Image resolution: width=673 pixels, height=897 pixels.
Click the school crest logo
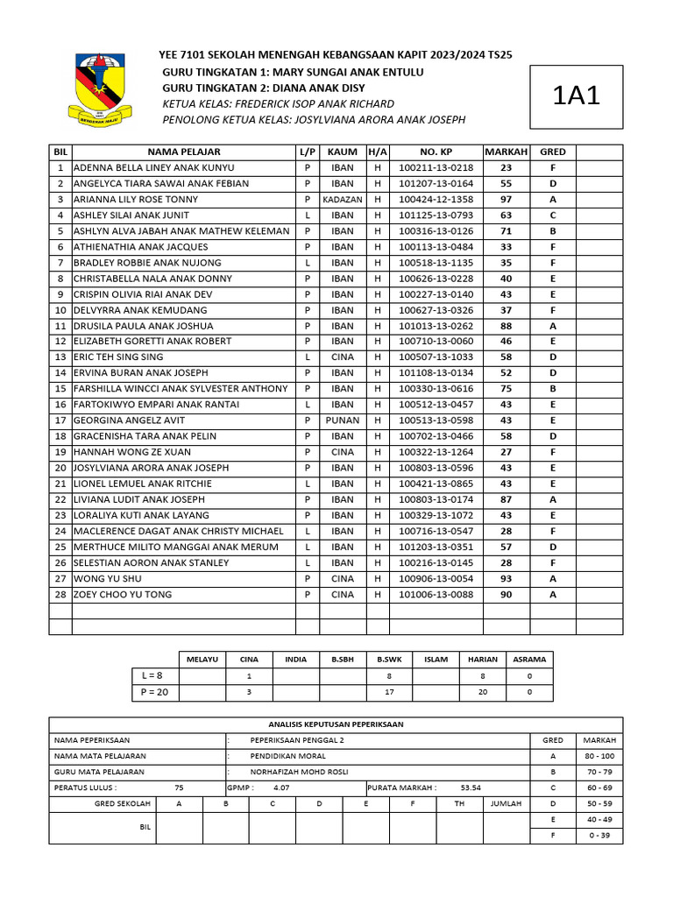[x=100, y=89]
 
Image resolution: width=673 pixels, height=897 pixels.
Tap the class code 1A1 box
[x=577, y=97]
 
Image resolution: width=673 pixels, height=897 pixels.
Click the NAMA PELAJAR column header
[x=184, y=152]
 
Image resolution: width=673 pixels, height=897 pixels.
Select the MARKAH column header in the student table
[x=507, y=152]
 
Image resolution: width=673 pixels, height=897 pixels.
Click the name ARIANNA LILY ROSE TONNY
[x=136, y=200]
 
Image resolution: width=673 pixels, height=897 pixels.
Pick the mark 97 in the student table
[x=506, y=200]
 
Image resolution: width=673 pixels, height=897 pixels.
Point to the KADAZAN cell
[x=343, y=200]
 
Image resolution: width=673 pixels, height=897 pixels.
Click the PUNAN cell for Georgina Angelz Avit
[x=343, y=420]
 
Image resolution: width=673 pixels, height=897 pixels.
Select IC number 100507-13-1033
[x=436, y=357]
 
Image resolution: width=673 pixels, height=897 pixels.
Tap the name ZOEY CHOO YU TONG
[x=124, y=595]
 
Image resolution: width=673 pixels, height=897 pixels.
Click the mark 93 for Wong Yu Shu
[x=506, y=579]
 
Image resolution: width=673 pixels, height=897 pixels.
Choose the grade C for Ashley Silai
[x=553, y=215]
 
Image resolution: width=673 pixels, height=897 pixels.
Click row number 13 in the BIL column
[x=60, y=357]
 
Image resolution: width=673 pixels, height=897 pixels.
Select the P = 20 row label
[x=154, y=692]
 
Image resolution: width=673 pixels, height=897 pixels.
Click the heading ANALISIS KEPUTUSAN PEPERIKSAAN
[x=336, y=724]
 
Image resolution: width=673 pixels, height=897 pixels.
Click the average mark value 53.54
[x=471, y=788]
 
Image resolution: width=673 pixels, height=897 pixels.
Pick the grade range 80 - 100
[x=599, y=756]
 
